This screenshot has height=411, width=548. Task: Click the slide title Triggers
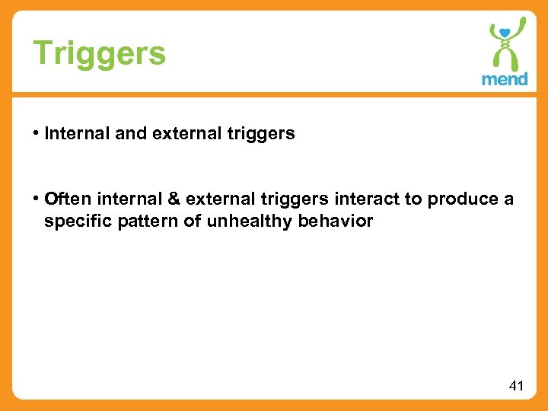tap(99, 53)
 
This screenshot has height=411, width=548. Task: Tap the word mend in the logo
tap(505, 78)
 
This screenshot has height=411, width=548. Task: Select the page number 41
tap(516, 386)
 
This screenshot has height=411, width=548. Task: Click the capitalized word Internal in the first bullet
tap(67, 134)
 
